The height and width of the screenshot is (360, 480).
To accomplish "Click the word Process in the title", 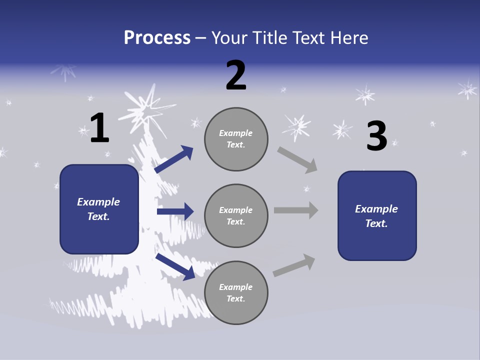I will (x=157, y=38).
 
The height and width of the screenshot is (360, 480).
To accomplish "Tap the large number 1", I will (x=99, y=128).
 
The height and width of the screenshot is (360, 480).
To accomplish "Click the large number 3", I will (x=376, y=136).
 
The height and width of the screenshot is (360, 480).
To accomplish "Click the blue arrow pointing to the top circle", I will (x=174, y=159).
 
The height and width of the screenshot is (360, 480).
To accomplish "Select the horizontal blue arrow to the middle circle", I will (x=175, y=211).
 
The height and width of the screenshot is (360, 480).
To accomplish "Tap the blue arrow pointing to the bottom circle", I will (x=175, y=266).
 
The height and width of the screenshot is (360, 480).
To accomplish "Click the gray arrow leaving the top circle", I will (x=297, y=160).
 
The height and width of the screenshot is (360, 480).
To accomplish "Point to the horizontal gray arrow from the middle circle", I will (x=296, y=210).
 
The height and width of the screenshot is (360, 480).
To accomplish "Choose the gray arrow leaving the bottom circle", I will (x=294, y=265).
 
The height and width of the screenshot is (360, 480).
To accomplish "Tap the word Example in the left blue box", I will (x=98, y=202).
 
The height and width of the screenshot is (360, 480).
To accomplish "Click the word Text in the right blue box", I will (x=375, y=223).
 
